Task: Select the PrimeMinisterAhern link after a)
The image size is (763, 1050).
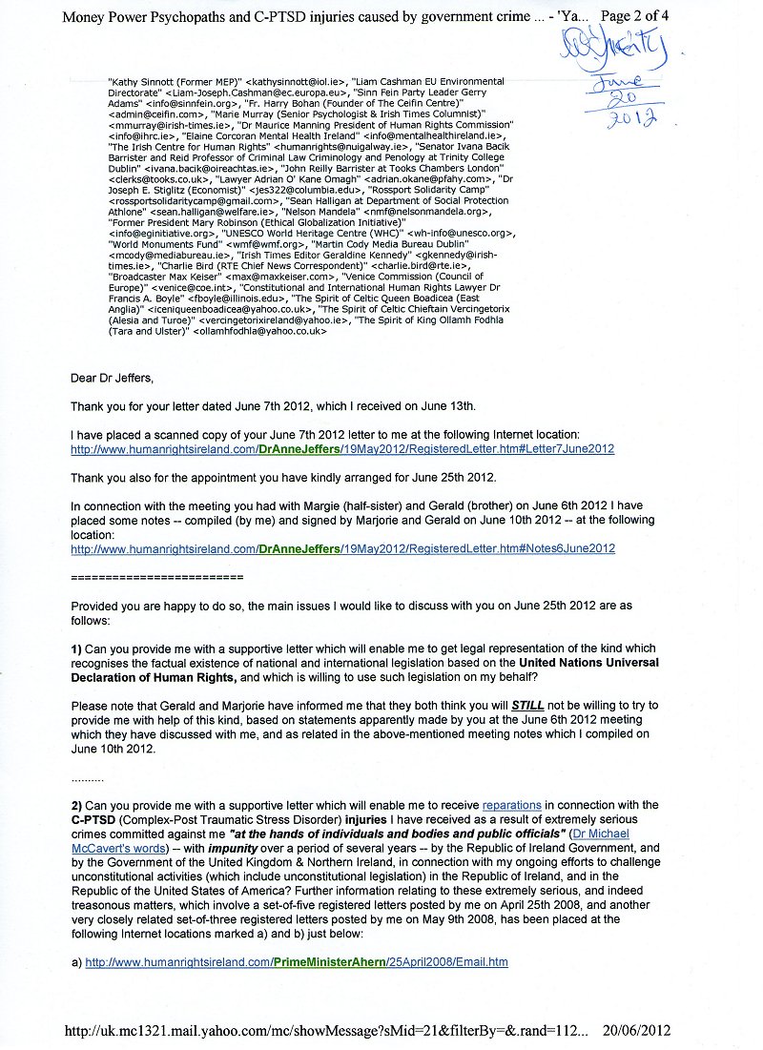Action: click(x=297, y=962)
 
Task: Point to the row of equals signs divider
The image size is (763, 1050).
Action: click(x=156, y=578)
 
